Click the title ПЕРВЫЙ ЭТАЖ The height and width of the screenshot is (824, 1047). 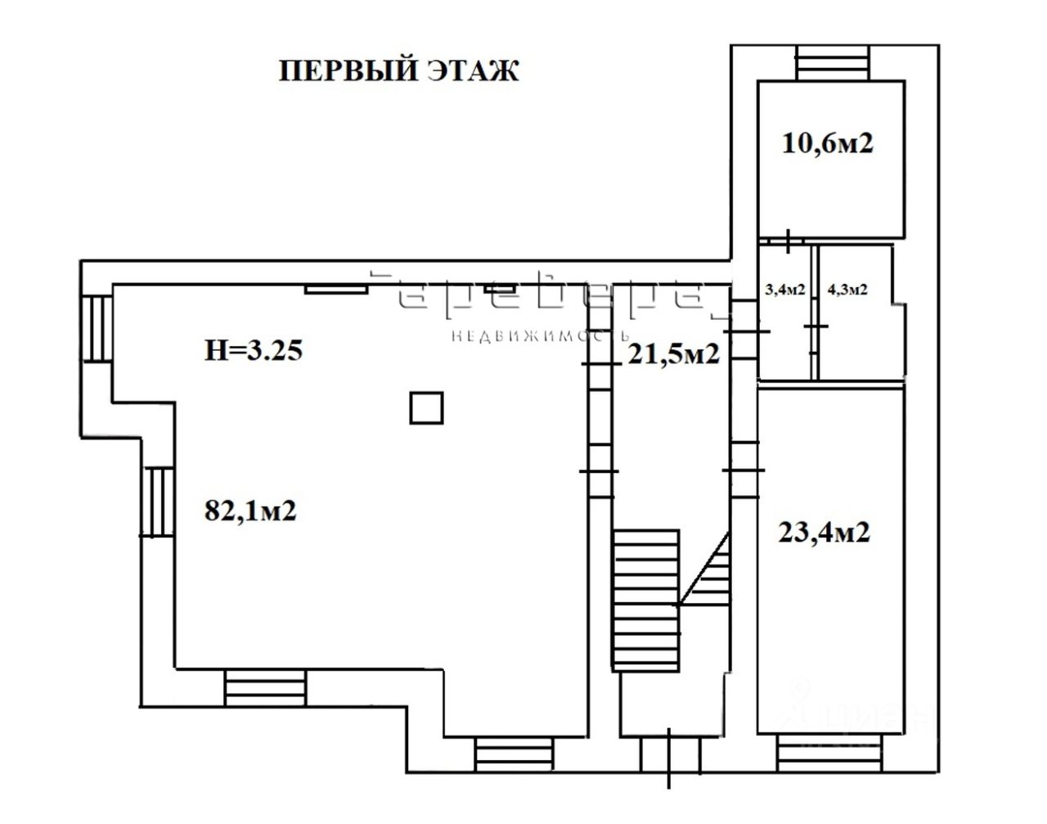pos(399,70)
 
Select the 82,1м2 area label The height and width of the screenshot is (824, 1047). pos(249,511)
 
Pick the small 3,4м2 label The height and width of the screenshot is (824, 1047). pos(784,290)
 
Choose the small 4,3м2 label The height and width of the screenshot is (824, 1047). pos(847,290)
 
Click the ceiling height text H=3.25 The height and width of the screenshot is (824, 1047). pos(254,351)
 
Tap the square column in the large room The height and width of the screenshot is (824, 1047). pos(426,407)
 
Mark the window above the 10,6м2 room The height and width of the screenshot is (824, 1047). pos(833,62)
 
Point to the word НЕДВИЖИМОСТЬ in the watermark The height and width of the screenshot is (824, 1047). pos(541,336)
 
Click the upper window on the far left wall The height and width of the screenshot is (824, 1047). pos(97,327)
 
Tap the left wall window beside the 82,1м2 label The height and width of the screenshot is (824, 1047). pos(157,502)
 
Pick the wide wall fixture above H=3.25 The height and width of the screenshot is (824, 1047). pos(336,288)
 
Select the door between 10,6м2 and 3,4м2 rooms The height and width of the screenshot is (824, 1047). pos(786,241)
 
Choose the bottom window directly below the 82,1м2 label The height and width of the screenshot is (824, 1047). pos(264,685)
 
